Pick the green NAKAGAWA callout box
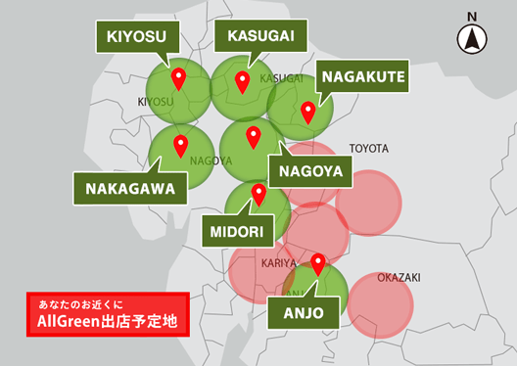130,189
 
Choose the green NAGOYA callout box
308,170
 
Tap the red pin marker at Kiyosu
178,78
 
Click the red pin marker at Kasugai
243,81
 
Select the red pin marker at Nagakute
308,113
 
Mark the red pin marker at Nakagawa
180,146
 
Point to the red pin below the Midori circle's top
258,195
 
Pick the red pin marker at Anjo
318,264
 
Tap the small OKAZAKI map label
399,278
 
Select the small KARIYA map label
278,264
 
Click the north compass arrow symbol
472,40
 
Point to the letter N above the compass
472,16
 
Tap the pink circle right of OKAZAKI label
381,303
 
